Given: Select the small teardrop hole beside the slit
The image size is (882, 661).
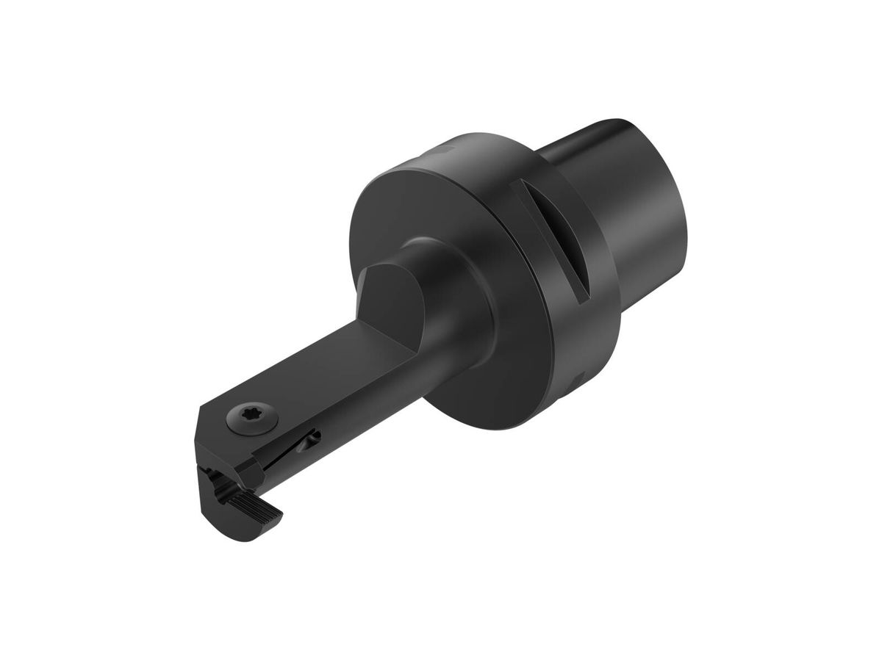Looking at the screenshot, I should coord(314,439).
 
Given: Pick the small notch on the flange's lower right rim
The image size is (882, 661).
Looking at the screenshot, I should coord(577,378).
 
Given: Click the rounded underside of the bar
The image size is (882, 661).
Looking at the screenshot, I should coord(367,411).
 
